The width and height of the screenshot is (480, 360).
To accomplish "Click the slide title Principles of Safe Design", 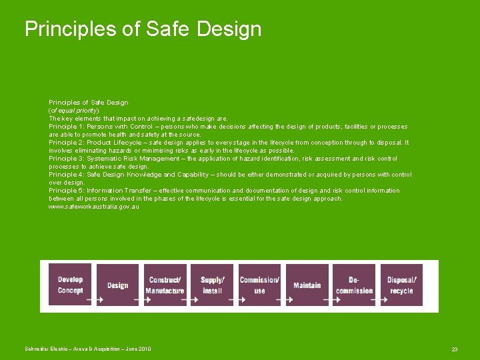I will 143,29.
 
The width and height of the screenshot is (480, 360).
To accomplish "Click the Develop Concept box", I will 70,285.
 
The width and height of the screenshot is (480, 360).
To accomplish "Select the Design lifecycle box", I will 117,285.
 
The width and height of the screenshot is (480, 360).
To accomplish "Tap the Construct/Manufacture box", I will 165,285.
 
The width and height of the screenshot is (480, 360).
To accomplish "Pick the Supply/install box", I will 212,285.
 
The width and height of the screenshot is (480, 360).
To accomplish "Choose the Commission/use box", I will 259,285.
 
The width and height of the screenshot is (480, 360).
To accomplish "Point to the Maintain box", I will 307,285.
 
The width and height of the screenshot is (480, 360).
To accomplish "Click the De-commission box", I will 354,285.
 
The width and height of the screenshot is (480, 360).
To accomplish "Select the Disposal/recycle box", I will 401,285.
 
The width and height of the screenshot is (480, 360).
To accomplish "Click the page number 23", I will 455,349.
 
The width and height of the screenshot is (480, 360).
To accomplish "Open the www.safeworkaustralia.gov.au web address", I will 94,207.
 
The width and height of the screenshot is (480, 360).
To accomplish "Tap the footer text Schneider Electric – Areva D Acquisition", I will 88,349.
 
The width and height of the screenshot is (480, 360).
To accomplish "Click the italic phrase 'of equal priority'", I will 74,111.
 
